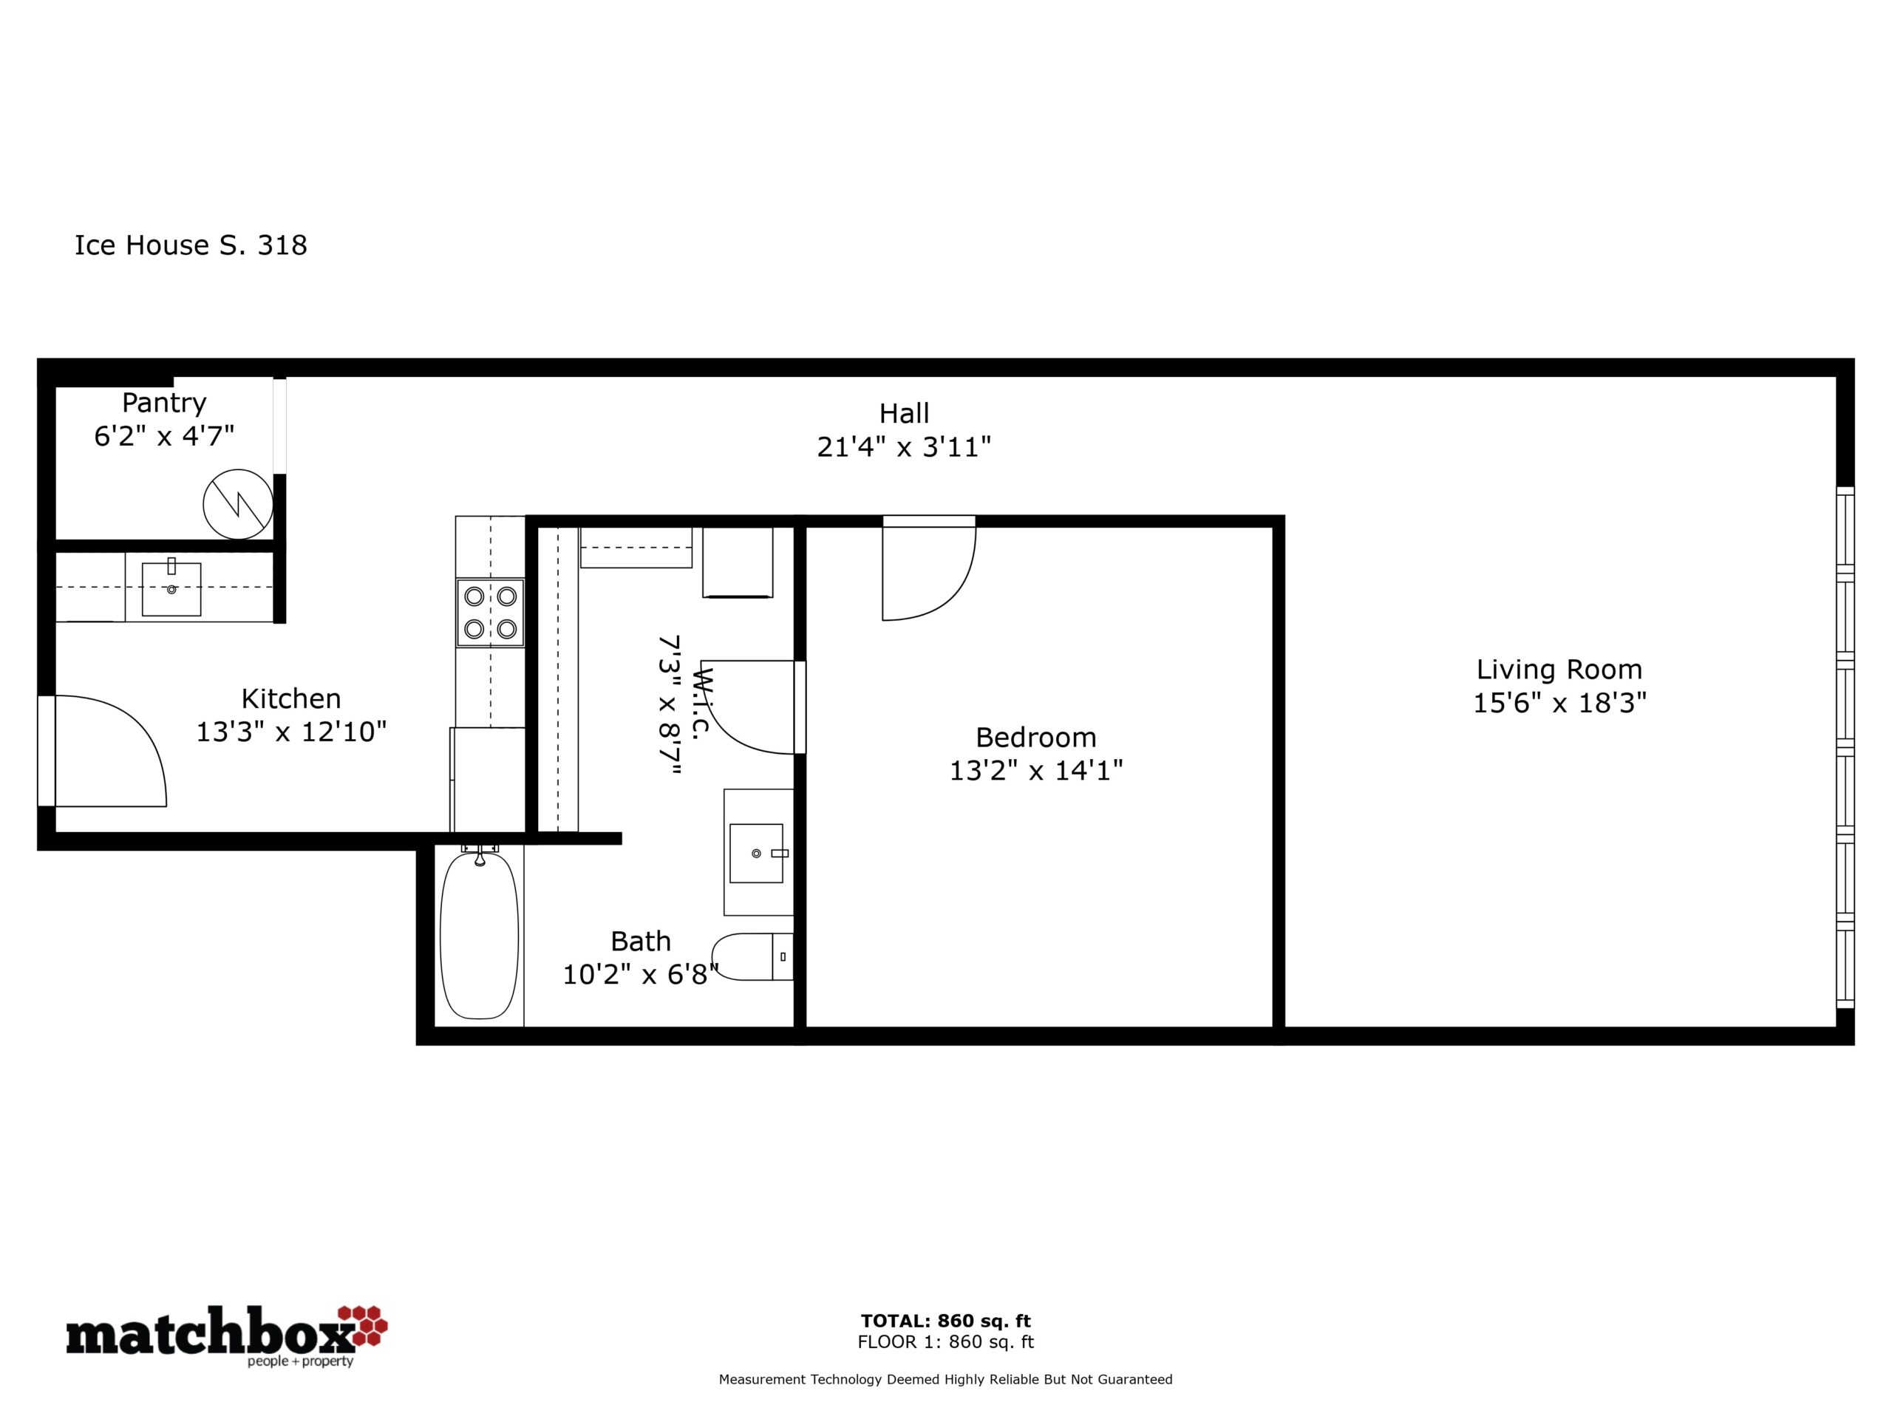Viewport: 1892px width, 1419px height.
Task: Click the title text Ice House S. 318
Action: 191,245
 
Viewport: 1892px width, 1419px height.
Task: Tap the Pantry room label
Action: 164,403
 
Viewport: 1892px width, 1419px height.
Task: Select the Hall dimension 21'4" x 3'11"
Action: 904,446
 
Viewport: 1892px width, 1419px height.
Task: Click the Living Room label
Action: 1559,669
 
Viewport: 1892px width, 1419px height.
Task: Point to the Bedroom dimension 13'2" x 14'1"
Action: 1036,771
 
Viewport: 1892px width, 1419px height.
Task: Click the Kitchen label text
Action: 290,699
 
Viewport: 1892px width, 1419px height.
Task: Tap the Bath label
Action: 641,941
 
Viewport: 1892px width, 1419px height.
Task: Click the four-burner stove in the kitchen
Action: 490,613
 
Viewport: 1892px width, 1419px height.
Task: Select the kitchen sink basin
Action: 171,588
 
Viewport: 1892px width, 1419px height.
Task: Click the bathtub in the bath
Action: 479,935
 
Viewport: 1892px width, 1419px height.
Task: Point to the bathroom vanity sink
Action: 756,853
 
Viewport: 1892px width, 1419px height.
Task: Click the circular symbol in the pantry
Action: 238,505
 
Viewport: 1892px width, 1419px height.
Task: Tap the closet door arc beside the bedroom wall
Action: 727,727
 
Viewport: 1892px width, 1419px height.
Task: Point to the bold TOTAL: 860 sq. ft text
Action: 945,1321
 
